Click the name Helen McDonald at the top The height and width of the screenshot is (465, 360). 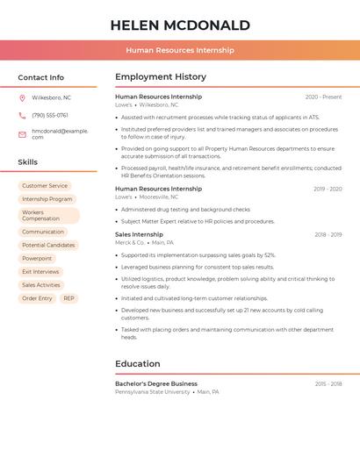point(180,25)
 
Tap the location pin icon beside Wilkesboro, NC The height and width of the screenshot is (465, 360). point(22,97)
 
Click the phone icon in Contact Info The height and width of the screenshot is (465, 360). point(22,115)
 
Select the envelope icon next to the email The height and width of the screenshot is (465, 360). point(22,134)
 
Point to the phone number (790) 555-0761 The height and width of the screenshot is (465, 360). point(50,115)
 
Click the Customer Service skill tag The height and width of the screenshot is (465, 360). point(45,186)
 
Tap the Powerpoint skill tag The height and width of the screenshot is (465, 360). point(37,258)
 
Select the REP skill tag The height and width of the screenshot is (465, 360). point(68,298)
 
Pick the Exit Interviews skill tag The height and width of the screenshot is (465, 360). point(40,272)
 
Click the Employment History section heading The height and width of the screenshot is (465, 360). point(161,77)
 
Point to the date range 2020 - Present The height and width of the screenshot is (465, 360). point(323,97)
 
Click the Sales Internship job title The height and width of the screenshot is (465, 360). point(139,234)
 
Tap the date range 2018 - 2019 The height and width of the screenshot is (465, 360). point(328,235)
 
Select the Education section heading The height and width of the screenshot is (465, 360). point(138,364)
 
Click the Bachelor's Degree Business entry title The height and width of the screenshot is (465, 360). point(156,383)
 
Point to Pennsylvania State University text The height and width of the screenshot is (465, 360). point(152,392)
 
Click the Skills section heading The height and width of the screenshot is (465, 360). point(28,162)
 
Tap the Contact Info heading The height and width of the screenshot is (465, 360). point(41,77)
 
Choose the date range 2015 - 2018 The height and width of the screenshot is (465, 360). point(328,384)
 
